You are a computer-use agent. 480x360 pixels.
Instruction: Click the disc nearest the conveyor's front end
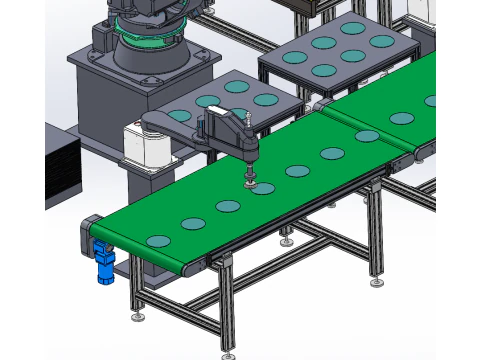point(159,241)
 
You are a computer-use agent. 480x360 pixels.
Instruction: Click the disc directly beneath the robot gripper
point(262,189)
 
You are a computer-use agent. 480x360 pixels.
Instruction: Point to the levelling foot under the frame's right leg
point(377,282)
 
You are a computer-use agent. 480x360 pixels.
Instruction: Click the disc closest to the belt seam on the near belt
point(367,136)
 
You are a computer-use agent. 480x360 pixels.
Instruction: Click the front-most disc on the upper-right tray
point(323,71)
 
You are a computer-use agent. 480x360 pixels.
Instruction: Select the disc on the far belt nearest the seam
point(402,118)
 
